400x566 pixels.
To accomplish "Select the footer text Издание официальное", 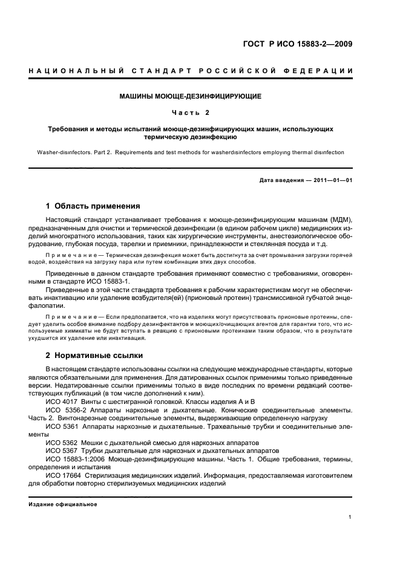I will (x=59, y=504).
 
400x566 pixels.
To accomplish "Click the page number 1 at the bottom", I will (x=350, y=517).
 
